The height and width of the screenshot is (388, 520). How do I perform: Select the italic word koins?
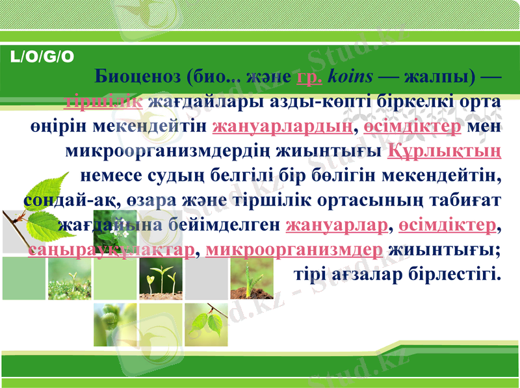click(x=351, y=76)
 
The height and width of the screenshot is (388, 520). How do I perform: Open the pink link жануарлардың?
click(x=283, y=125)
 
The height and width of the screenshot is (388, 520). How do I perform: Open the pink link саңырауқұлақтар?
click(x=111, y=250)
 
